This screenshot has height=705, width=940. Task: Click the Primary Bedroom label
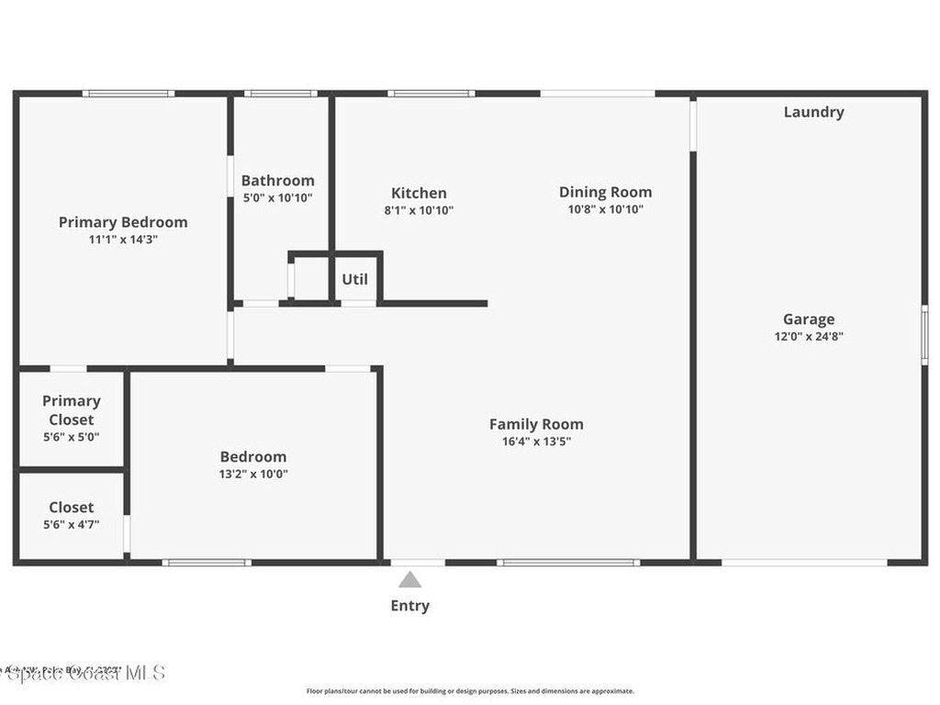(123, 222)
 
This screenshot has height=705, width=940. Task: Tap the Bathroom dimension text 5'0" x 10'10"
(277, 197)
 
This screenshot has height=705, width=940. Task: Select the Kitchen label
(419, 193)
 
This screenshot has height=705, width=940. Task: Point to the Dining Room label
(605, 192)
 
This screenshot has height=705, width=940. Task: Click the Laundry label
(813, 112)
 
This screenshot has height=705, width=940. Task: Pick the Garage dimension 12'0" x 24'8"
(809, 336)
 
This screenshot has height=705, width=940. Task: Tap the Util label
(355, 279)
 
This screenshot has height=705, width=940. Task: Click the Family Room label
(536, 424)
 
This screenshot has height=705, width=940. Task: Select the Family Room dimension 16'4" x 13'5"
(536, 441)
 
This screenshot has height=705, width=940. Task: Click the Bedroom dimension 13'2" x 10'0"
(253, 474)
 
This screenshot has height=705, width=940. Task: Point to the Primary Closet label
(72, 410)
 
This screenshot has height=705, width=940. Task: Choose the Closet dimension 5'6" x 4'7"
(72, 524)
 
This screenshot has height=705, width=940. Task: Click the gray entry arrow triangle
(409, 580)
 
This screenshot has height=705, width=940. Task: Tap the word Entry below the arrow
(409, 606)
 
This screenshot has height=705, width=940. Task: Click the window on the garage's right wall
(924, 335)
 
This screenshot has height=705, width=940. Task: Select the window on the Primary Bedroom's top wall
(129, 93)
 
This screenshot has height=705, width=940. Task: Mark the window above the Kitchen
(431, 93)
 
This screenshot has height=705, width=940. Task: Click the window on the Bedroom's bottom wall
(207, 562)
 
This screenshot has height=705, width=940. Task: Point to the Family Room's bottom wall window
(568, 562)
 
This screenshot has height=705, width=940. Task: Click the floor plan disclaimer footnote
(470, 691)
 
